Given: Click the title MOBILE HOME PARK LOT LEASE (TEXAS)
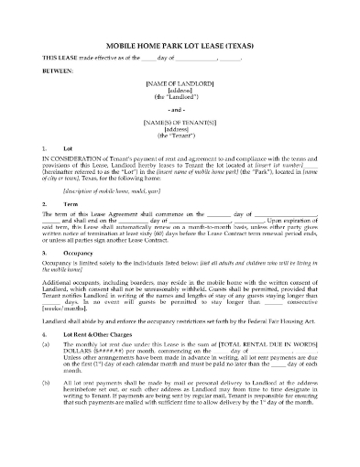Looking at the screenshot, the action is coord(180,45).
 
